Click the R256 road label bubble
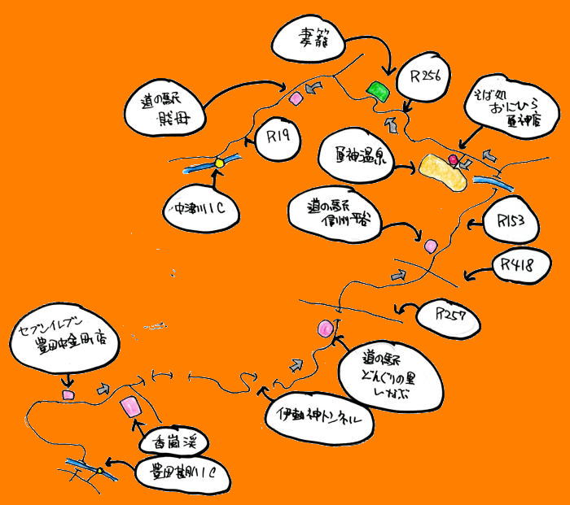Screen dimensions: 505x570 (x=426, y=77)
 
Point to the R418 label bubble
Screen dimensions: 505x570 (x=521, y=265)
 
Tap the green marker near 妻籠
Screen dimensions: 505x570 (x=376, y=90)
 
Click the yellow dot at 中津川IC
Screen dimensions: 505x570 (x=218, y=163)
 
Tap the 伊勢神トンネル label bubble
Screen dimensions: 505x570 (x=320, y=420)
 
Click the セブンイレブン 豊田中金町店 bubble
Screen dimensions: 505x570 (x=67, y=342)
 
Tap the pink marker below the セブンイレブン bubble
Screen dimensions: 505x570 (x=68, y=394)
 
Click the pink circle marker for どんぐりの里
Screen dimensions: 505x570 (x=327, y=328)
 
